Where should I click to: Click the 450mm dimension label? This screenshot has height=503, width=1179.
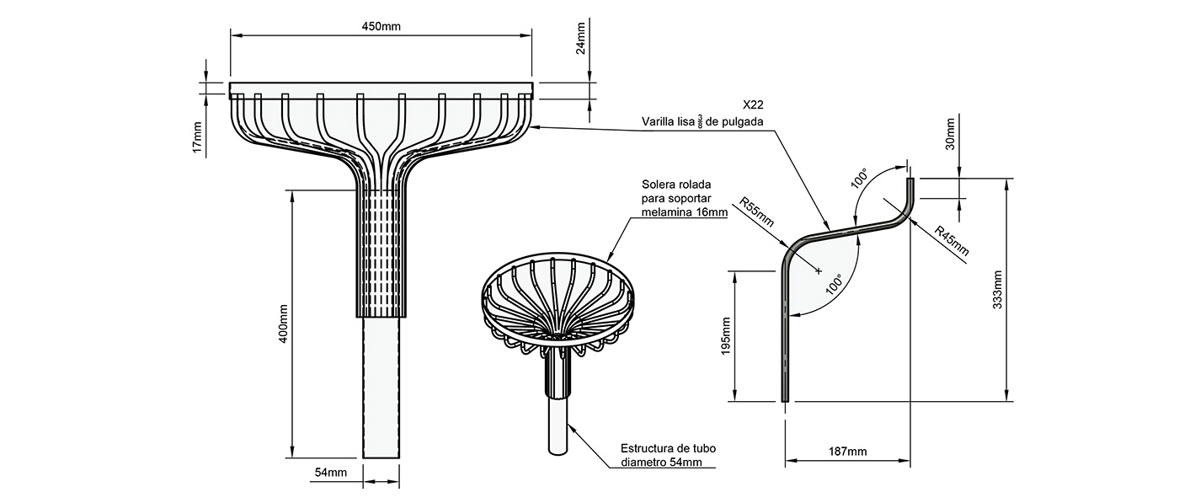(x=381, y=26)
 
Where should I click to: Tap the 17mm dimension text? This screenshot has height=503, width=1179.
(x=197, y=137)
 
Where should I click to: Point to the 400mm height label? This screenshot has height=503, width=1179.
(x=283, y=324)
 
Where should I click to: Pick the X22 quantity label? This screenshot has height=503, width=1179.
(x=754, y=106)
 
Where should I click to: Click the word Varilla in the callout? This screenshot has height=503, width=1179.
(x=659, y=122)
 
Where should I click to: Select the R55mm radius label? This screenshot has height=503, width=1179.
(x=756, y=212)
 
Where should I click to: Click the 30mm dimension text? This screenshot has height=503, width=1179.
(x=950, y=133)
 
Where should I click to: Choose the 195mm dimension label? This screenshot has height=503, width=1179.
(x=726, y=335)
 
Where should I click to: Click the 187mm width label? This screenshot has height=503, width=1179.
(x=847, y=452)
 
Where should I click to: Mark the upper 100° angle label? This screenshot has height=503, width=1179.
(x=858, y=179)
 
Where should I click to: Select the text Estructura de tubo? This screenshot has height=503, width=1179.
(x=667, y=448)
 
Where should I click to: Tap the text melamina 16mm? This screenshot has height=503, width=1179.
(x=683, y=212)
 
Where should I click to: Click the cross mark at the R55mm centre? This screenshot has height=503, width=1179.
(x=818, y=270)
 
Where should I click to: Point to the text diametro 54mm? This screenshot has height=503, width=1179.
(x=667, y=462)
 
